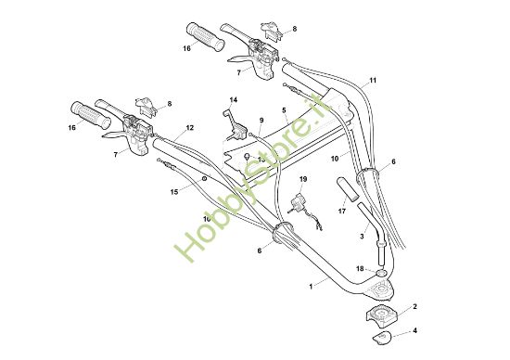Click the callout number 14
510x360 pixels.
pos(234,99)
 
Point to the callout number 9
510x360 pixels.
pos(261,120)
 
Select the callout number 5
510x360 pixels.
pos(286,109)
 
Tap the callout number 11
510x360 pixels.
pos(373,81)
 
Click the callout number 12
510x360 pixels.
pos(189,127)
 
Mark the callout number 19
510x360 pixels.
pos(302,177)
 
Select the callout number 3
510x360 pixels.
pos(362,237)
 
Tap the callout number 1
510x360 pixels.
pos(312,289)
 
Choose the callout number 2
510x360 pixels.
pos(414,305)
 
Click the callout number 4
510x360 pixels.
pos(414,329)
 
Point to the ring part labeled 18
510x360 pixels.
pos(382,275)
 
